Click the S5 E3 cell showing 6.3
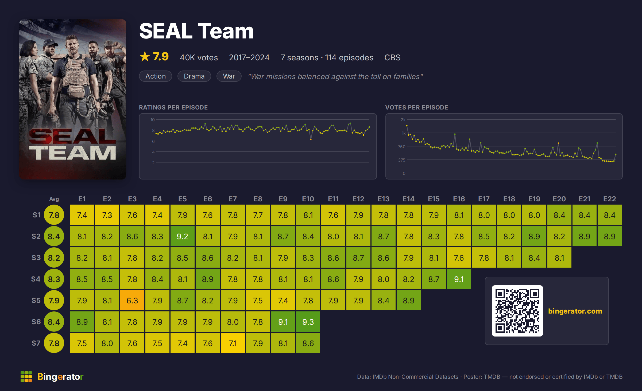pyautogui.click(x=132, y=300)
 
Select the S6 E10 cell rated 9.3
pyautogui.click(x=308, y=322)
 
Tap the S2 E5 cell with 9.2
pyautogui.click(x=182, y=236)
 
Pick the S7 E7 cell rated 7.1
pyautogui.click(x=233, y=343)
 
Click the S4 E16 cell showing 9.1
pyautogui.click(x=459, y=279)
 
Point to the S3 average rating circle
pyautogui.click(x=54, y=257)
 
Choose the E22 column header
pyautogui.click(x=609, y=199)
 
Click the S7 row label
pyautogui.click(x=36, y=343)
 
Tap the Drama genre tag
pyautogui.click(x=194, y=76)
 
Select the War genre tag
pyautogui.click(x=229, y=76)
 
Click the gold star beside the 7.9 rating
pyautogui.click(x=145, y=56)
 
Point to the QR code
pyautogui.click(x=517, y=311)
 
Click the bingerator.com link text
pyautogui.click(x=575, y=311)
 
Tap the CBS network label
pyautogui.click(x=392, y=57)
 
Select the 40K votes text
pyautogui.click(x=199, y=57)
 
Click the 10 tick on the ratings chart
pyautogui.click(x=152, y=120)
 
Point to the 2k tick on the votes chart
pyautogui.click(x=403, y=120)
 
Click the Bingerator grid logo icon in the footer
pyautogui.click(x=26, y=377)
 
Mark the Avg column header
pyautogui.click(x=54, y=199)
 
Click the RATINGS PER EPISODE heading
pyautogui.click(x=173, y=107)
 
